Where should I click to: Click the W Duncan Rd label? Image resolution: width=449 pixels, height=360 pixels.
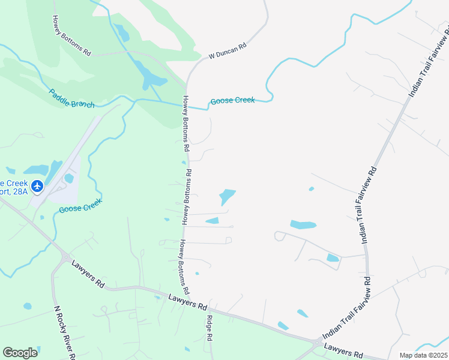pyautogui.click(x=228, y=50)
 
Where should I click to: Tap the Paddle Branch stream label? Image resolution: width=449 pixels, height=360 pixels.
pyautogui.click(x=71, y=98)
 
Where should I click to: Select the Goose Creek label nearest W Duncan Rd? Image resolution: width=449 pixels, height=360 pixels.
pyautogui.click(x=232, y=100)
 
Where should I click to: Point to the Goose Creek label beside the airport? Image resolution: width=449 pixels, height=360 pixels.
pyautogui.click(x=80, y=205)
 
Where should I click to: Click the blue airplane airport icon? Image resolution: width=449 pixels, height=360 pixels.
pyautogui.click(x=37, y=187)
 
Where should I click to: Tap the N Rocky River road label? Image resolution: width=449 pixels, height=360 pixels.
pyautogui.click(x=65, y=333)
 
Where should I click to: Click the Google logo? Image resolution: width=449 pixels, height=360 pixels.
pyautogui.click(x=20, y=353)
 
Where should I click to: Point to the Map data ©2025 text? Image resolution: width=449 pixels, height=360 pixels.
pyautogui.click(x=423, y=355)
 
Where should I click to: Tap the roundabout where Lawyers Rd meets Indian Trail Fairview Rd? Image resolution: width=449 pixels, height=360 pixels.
pyautogui.click(x=316, y=343)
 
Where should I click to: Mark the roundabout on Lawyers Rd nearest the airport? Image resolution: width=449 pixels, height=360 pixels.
pyautogui.click(x=65, y=257)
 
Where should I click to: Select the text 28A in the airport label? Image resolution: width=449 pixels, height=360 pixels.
pyautogui.click(x=19, y=191)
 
